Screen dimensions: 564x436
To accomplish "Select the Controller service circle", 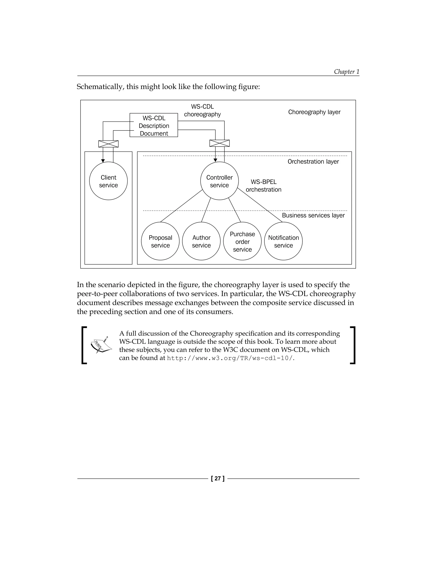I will (x=219, y=181).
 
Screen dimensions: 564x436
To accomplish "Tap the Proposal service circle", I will (x=160, y=241).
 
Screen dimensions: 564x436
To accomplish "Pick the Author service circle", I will (x=201, y=241).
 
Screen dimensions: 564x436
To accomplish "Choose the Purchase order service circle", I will (x=242, y=241).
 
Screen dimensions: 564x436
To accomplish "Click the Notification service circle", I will (x=283, y=241).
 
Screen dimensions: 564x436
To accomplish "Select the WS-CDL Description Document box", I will (x=154, y=125).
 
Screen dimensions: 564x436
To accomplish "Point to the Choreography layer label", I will (x=314, y=112).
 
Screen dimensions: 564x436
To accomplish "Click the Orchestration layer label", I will (x=313, y=162).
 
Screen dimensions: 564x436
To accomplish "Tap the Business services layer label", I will (x=313, y=215).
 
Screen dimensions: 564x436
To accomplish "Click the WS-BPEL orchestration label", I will (x=264, y=186).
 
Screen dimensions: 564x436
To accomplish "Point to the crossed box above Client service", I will (x=109, y=144).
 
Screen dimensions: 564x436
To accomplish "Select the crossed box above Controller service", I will (x=219, y=143).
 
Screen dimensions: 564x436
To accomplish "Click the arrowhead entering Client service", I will (x=103, y=161).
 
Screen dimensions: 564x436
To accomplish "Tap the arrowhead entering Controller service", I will (x=215, y=160).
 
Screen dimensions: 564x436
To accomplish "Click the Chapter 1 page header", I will (x=346, y=72).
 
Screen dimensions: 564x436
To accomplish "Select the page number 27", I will (x=218, y=478).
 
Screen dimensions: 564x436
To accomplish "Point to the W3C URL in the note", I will (x=231, y=358).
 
